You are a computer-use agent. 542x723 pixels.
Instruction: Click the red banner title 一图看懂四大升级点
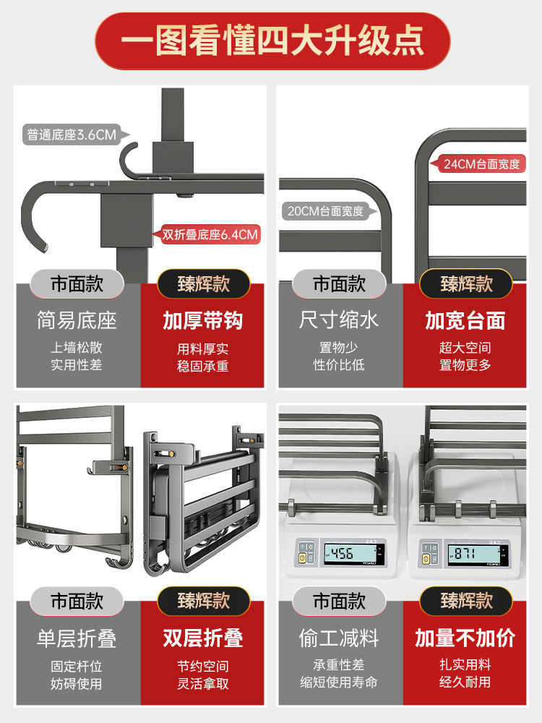pos(272,40)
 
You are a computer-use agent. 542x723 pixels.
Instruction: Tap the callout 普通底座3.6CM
pos(72,134)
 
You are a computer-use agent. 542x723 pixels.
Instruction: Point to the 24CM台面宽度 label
pos(481,164)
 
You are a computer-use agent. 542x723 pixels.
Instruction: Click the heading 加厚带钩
pos(203,320)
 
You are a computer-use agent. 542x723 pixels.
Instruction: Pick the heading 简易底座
pos(77,320)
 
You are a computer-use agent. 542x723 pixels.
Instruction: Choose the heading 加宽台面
pos(465,320)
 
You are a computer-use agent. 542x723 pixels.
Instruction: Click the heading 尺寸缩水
pos(339,320)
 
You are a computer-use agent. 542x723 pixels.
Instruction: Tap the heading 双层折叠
pos(203,638)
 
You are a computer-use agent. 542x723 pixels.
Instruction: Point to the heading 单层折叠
pos(77,638)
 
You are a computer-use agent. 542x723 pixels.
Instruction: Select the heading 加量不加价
pos(465,638)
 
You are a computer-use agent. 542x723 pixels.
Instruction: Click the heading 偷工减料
pos(339,638)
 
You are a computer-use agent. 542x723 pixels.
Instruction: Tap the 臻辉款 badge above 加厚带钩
pos(203,283)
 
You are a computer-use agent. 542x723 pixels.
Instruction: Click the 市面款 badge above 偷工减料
pos(339,601)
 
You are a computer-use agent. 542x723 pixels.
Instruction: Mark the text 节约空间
pos(203,666)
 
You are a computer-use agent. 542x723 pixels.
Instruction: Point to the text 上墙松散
pos(77,348)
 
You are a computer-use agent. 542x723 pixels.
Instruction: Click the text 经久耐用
pos(465,682)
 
